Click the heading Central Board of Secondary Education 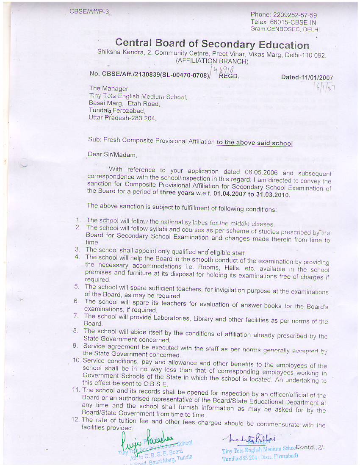point(212,44)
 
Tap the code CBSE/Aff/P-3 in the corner point(89,11)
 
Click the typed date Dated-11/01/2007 point(307,77)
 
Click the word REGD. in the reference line point(229,76)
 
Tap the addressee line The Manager point(108,89)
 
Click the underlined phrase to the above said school point(255,143)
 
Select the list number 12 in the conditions point(76,420)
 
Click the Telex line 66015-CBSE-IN point(289,22)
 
